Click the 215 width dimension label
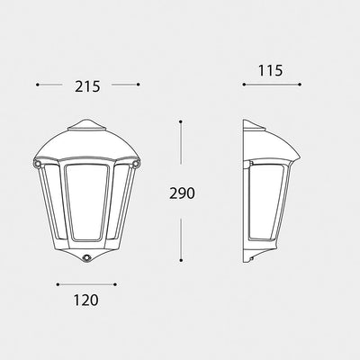87,86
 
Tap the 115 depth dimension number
270,71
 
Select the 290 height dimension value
182,193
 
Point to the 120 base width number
85,301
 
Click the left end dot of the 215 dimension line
38,85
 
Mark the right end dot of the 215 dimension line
138,85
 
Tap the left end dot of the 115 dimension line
244,85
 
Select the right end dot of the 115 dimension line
300,85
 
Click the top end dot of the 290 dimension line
181,121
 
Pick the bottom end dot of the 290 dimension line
181,260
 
